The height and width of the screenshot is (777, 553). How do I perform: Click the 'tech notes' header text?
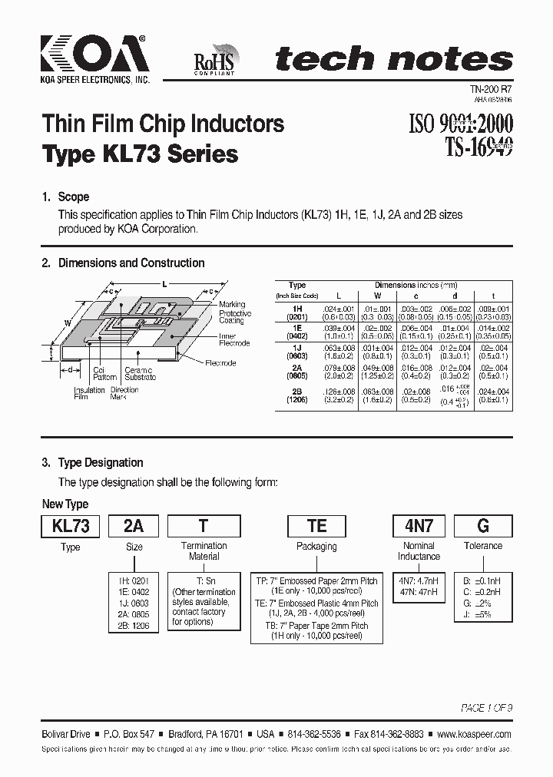393,59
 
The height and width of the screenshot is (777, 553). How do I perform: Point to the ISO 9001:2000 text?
457,123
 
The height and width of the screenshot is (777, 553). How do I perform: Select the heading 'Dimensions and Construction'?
131,263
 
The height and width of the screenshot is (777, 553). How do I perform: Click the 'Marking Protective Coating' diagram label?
235,313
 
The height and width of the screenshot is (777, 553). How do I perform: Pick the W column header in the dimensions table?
376,295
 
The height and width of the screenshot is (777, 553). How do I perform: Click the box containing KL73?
71,526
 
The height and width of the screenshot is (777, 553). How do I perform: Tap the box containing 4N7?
419,526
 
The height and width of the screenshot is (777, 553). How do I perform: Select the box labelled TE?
316,526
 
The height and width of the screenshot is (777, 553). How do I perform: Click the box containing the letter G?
482,526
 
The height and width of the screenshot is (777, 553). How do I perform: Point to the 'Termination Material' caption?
204,551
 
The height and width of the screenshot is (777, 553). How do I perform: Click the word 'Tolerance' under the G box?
482,546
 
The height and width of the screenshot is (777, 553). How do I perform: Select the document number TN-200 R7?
491,90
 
